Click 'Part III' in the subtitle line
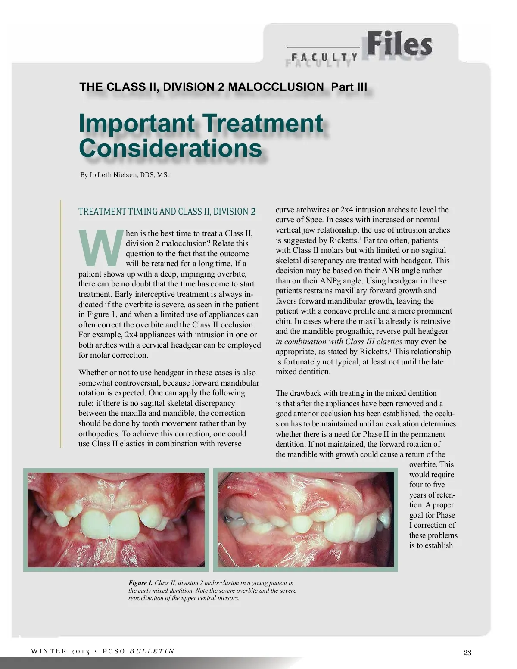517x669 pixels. [x=349, y=87]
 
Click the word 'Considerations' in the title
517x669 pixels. [x=171, y=148]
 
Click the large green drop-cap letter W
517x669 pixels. [x=100, y=248]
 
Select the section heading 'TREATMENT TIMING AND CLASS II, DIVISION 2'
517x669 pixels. [x=167, y=212]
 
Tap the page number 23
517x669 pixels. [x=467, y=653]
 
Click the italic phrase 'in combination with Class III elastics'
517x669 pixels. [x=339, y=342]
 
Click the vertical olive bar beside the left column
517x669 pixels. [x=62, y=324]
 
